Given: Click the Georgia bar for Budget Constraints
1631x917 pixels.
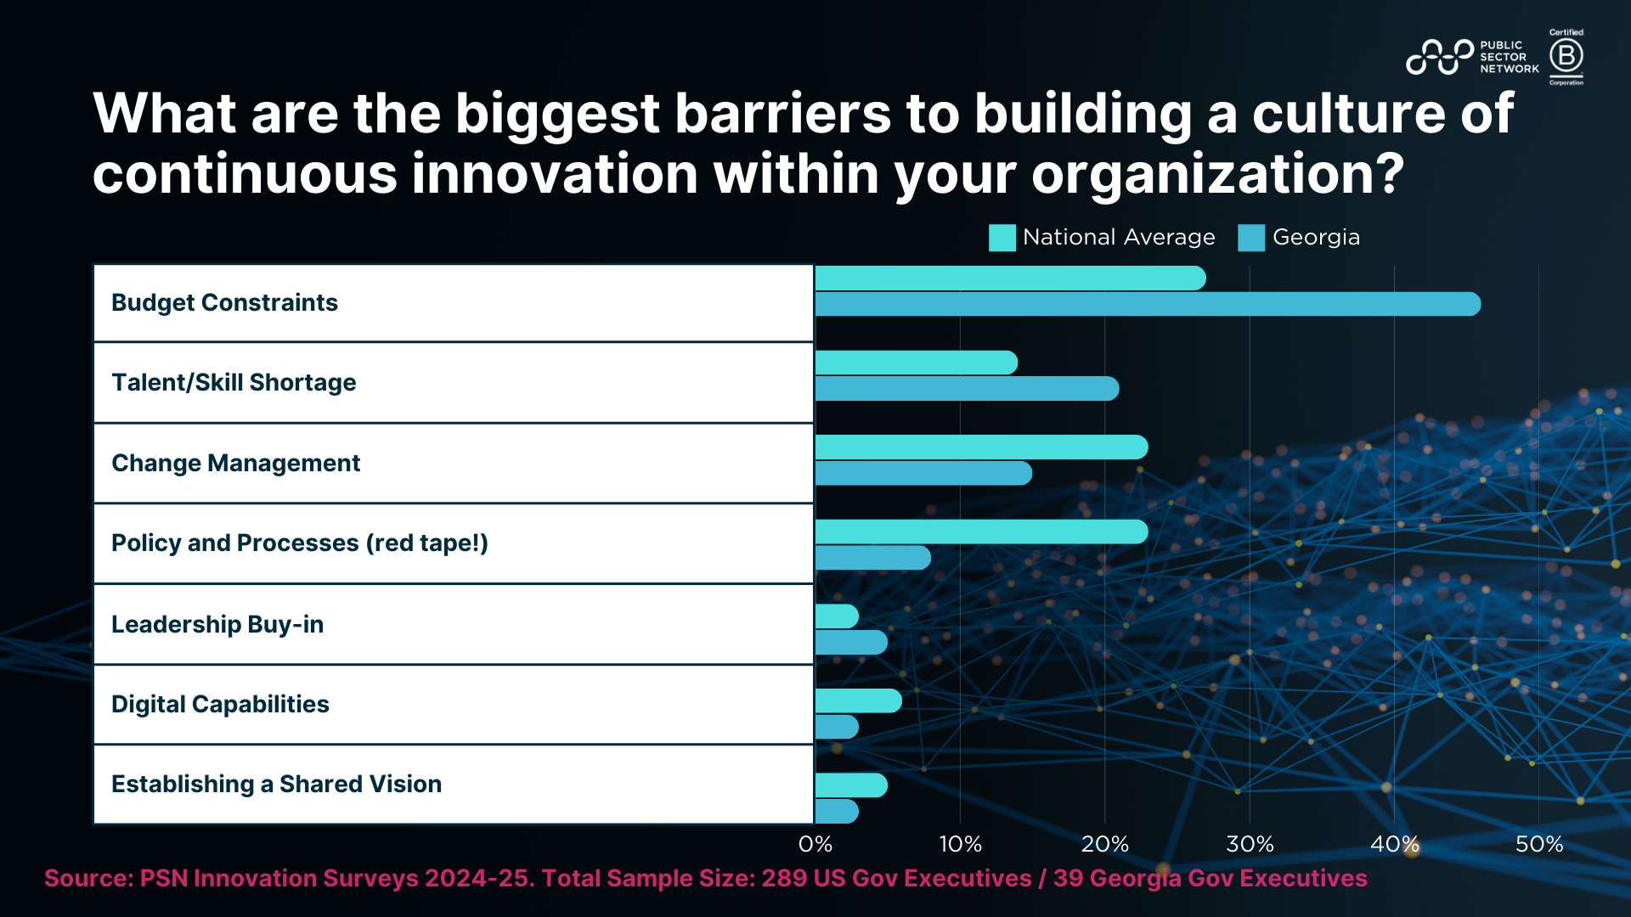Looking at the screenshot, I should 1147,304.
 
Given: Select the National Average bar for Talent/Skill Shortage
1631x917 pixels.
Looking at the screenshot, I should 916,363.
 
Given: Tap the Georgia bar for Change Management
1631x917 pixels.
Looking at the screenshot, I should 923,473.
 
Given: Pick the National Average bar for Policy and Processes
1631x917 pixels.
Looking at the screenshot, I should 981,532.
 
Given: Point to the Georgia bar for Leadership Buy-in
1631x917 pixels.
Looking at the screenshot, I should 851,642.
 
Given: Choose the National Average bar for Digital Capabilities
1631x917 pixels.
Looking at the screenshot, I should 858,700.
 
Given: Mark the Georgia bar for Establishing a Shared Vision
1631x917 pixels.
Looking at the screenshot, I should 837,811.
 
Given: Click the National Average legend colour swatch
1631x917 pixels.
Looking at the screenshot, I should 1002,238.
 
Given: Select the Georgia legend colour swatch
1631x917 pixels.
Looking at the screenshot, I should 1251,238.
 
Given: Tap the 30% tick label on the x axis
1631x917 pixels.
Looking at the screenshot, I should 1250,844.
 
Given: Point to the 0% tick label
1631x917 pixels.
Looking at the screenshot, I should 815,844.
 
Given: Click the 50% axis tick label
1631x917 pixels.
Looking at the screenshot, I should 1539,844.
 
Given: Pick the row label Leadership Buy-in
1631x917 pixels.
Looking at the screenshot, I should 217,624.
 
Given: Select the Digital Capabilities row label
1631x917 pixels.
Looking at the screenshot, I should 220,704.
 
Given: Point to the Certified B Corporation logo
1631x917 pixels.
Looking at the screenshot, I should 1566,57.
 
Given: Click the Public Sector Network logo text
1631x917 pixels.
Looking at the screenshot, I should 1509,57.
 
